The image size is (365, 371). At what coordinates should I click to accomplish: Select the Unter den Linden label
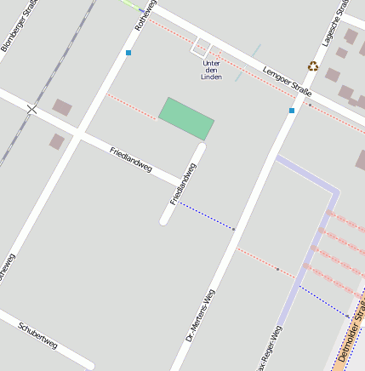[x=212, y=70]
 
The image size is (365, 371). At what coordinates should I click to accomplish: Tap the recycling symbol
[x=313, y=66]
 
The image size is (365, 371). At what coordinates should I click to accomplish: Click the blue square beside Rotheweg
[x=128, y=53]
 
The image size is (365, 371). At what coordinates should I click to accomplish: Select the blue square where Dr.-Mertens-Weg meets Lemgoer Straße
[x=292, y=110]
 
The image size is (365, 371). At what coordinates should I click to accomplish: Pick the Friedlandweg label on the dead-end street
[x=183, y=184]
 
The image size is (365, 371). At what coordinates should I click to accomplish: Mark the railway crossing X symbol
[x=32, y=109]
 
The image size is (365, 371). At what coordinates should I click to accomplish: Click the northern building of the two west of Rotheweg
[x=62, y=107]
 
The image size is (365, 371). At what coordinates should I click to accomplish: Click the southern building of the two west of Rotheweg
[x=56, y=141]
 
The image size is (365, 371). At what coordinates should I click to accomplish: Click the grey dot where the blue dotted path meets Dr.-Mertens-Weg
[x=233, y=228]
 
